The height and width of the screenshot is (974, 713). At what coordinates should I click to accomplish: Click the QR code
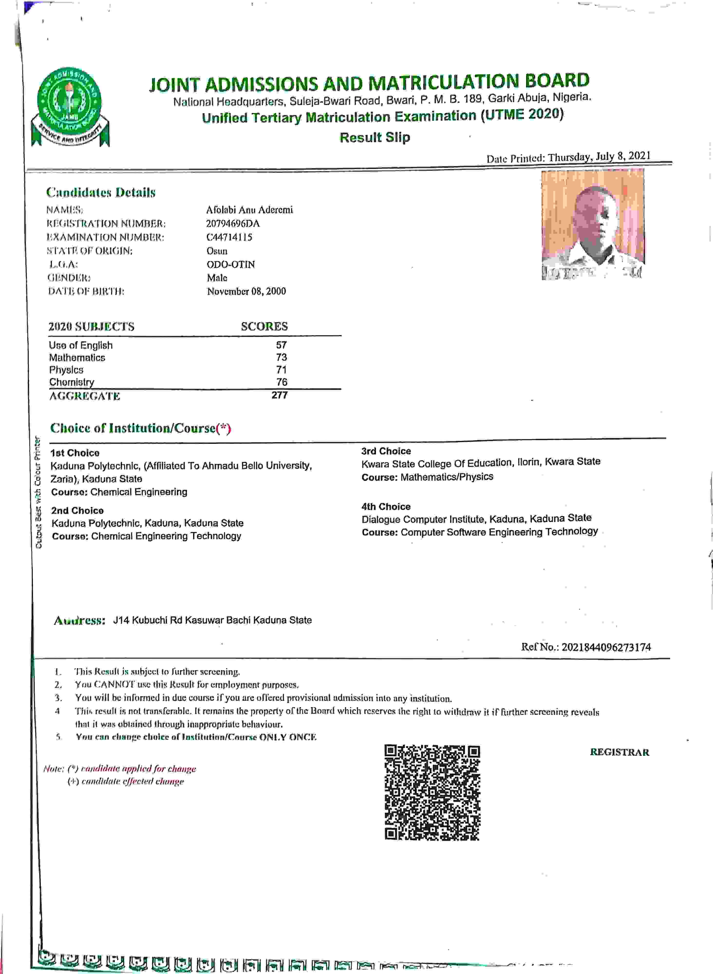[432, 792]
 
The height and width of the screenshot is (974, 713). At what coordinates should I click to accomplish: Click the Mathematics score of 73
[281, 357]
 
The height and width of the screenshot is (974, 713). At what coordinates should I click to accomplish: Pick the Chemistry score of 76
[282, 382]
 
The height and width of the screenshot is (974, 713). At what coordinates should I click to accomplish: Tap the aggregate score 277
[280, 395]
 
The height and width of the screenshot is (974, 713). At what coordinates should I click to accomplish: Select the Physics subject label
[66, 370]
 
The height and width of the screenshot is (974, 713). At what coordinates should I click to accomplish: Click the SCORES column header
[264, 326]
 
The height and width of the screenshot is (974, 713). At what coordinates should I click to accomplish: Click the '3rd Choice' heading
[386, 451]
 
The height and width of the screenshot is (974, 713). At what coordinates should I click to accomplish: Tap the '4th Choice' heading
[386, 507]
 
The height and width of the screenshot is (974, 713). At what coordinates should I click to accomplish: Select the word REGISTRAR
[619, 752]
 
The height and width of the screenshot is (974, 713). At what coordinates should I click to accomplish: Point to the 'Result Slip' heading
[375, 137]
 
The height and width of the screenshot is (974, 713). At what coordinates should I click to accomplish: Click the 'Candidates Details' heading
[101, 192]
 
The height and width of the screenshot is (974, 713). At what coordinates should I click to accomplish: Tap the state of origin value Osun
[217, 251]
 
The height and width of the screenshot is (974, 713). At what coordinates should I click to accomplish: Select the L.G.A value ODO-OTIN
[230, 264]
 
